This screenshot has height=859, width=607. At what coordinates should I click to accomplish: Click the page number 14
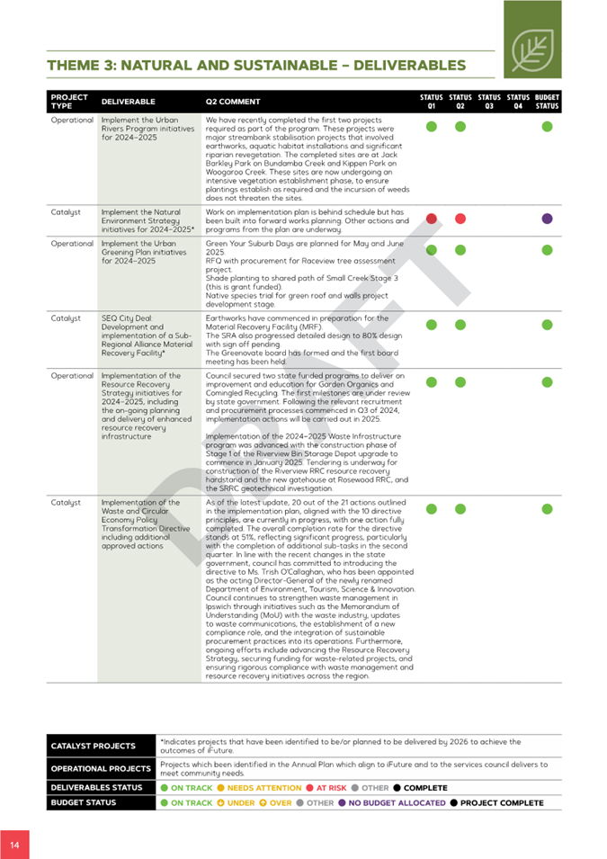[x=14, y=846]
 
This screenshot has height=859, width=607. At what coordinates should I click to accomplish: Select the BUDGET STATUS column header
[x=547, y=102]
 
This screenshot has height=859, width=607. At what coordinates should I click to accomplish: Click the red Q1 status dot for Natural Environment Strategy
[x=432, y=219]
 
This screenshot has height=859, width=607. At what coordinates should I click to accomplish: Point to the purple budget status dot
[x=547, y=219]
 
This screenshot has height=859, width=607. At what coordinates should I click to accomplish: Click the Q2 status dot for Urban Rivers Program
[x=460, y=127]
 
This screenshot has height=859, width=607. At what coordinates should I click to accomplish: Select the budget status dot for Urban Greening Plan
[x=547, y=249]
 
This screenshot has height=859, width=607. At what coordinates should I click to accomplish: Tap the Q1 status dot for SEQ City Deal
[x=432, y=325]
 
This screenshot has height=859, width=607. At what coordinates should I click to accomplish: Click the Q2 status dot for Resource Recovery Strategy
[x=460, y=382]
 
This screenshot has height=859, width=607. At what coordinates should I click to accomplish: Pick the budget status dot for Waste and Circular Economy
[x=547, y=509]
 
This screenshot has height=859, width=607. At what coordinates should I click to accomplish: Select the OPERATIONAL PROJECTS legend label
[x=100, y=769]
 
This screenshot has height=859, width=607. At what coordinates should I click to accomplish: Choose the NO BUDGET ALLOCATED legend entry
[x=397, y=802]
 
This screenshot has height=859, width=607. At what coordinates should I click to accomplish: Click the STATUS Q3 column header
[x=489, y=102]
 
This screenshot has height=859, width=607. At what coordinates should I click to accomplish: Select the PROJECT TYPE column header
[x=69, y=102]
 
